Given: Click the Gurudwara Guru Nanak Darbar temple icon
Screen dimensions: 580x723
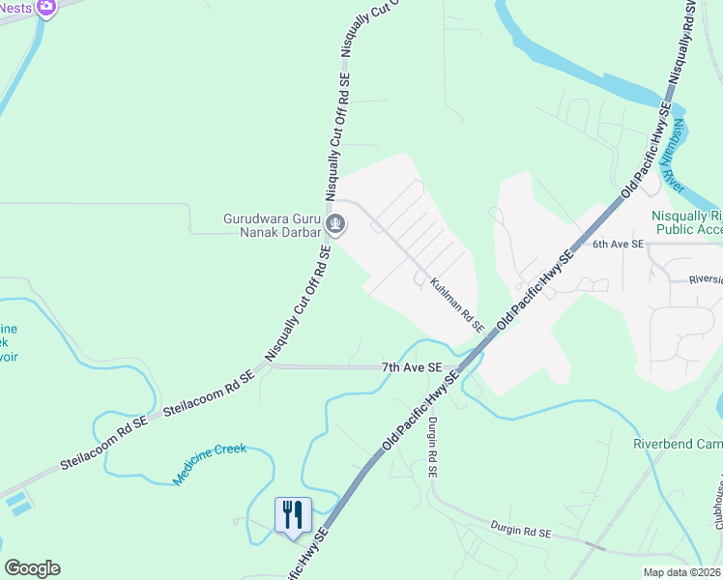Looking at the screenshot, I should point(335,225).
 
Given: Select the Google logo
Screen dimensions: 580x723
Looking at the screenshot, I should point(32,568).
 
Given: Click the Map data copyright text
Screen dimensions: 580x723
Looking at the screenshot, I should point(682,571).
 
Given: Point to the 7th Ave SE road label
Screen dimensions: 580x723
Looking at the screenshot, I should point(411,368).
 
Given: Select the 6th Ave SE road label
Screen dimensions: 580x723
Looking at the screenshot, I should point(618,246).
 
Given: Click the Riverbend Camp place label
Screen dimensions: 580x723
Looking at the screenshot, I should point(677,444).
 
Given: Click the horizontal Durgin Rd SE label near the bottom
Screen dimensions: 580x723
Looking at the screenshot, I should point(519,533).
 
